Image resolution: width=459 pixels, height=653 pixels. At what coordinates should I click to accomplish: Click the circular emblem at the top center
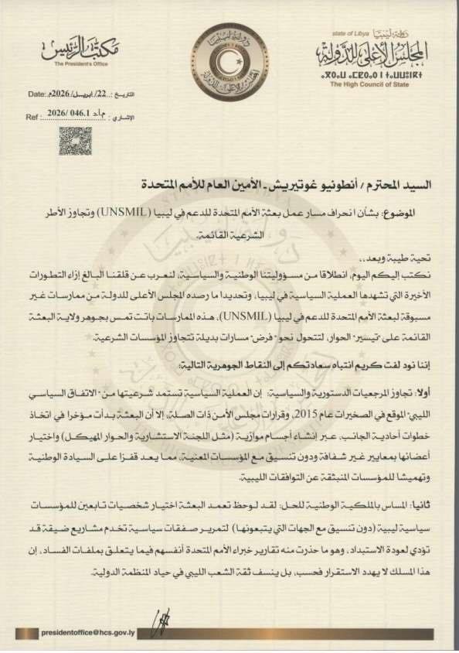point(229,61)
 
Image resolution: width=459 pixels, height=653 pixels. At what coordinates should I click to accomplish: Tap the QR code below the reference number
point(75,141)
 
